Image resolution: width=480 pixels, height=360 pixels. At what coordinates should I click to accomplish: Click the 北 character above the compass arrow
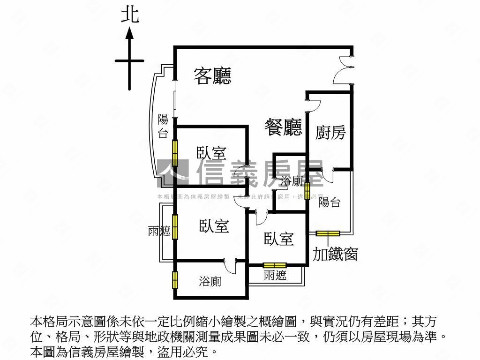pos(130,15)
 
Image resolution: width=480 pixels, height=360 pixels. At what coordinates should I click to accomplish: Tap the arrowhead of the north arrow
pos(130,32)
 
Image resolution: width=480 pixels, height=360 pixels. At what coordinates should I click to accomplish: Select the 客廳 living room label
pos(213,75)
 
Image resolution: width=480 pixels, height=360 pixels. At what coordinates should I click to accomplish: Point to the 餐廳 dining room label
pos(283,127)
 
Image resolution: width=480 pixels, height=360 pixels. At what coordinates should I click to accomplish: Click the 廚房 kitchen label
pos(330,133)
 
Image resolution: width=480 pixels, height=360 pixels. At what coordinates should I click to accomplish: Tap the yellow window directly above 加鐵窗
pos(328,233)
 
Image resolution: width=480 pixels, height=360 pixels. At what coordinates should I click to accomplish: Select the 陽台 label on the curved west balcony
pos(163,126)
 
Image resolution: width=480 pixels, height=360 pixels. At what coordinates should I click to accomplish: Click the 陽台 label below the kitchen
pos(329,202)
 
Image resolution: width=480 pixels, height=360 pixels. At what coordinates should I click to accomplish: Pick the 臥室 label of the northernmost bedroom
pos(211,153)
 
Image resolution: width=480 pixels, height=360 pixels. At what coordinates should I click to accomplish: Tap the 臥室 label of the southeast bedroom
pos(279,239)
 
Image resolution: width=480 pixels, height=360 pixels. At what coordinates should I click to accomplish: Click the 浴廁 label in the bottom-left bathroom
pos(210,282)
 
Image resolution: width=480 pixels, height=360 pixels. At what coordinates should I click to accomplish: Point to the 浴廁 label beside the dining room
pos(291,181)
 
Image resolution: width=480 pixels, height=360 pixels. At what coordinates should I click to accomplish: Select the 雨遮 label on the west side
pos(159,231)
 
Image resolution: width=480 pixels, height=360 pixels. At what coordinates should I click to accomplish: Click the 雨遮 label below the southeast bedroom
pos(275,276)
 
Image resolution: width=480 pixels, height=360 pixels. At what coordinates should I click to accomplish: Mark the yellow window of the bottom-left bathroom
pos(174,279)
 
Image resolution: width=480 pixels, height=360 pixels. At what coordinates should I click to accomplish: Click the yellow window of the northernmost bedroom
pos(174,152)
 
